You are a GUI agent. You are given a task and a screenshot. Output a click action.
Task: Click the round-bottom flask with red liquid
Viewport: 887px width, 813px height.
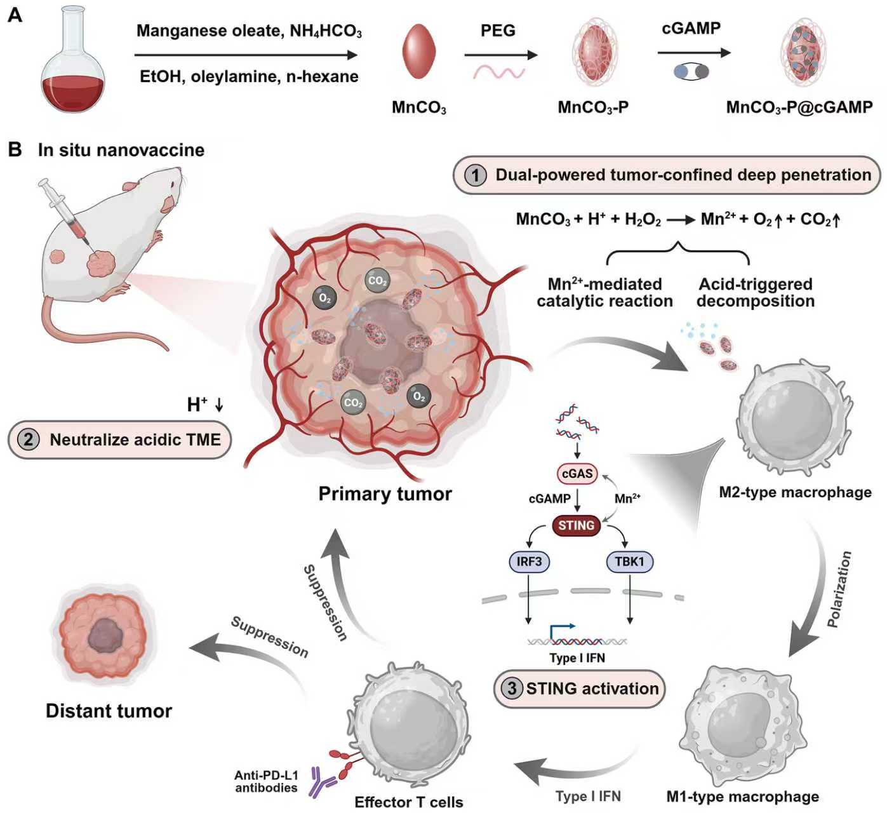coord(72,70)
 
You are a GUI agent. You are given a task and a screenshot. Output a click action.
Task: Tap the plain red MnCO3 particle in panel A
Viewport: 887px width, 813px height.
coord(419,51)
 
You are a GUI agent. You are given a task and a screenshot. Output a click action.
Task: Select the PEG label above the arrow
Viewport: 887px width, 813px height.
coord(498,30)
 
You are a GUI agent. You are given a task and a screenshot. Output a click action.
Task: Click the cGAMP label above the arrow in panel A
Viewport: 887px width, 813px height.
coord(691,29)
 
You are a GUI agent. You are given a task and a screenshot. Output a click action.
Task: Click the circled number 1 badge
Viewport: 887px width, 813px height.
coord(475,175)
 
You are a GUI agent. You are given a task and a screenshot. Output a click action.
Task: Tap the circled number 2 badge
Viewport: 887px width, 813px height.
coord(29,440)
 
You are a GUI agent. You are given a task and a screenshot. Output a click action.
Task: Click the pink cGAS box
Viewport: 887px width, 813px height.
coord(577,474)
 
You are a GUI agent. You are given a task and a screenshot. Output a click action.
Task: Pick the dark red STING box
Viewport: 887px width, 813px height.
coord(576,525)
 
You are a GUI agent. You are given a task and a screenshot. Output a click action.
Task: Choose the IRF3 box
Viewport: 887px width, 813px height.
coord(529,561)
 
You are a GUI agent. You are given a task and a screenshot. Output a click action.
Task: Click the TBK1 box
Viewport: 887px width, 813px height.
coord(629,561)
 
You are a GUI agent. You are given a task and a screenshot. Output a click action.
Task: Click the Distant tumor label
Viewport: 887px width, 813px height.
coord(109,710)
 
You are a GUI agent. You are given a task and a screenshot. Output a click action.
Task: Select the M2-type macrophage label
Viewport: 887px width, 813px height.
coord(795,492)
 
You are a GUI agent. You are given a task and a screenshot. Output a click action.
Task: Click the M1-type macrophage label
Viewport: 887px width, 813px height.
coord(742,796)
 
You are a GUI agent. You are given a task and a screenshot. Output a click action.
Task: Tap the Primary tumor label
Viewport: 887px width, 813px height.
coord(385,494)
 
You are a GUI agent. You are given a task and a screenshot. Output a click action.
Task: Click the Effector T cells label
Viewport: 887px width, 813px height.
coord(408,802)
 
